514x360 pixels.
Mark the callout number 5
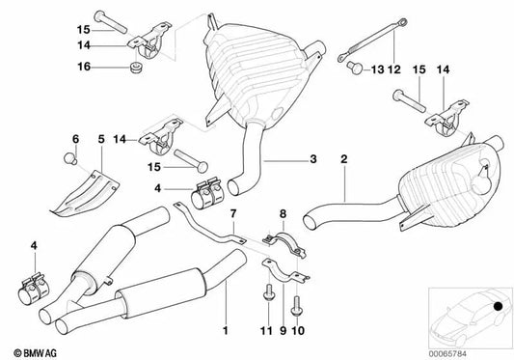coord(99,137)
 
